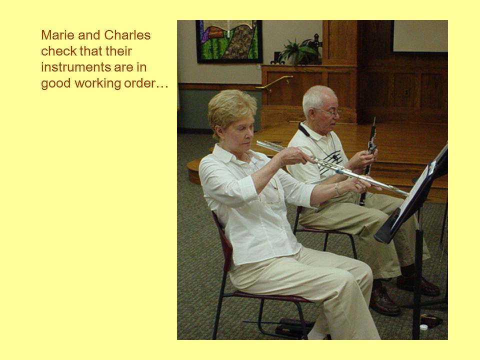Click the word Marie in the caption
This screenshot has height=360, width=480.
[x=58, y=35]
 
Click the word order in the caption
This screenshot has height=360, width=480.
[x=139, y=83]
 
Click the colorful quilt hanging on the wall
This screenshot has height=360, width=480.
[x=228, y=41]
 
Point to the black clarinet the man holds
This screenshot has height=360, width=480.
[x=368, y=160]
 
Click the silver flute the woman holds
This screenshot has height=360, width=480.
[x=332, y=168]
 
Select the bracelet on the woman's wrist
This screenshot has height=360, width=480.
[x=337, y=189]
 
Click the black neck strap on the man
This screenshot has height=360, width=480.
[x=304, y=130]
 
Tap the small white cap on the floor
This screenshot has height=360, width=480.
[x=423, y=327]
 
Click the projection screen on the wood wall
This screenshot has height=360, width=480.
[x=420, y=36]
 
